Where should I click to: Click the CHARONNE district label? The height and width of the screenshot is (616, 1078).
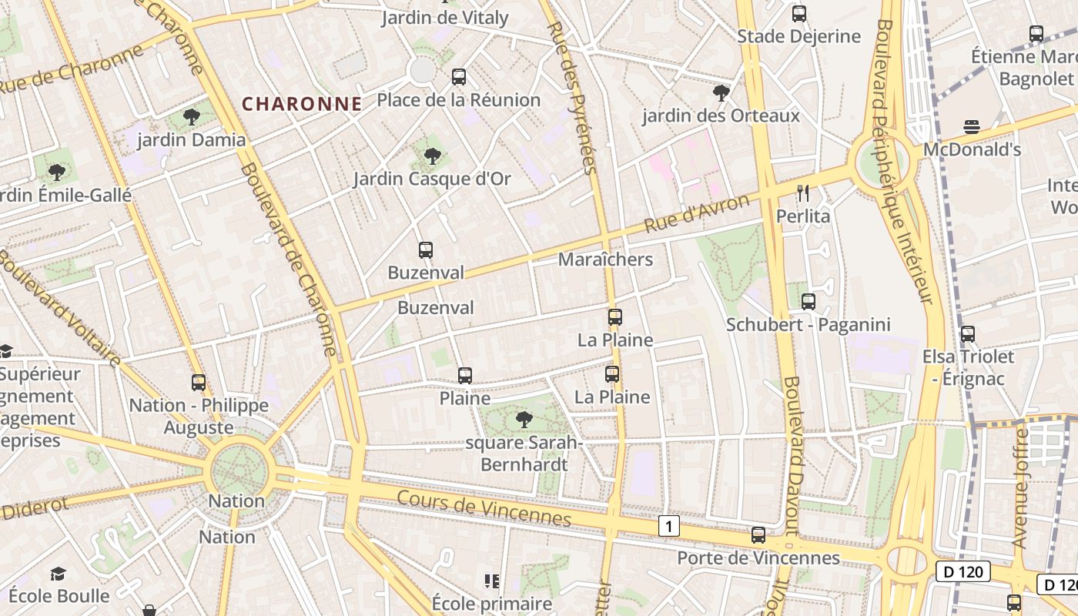tap(302, 104)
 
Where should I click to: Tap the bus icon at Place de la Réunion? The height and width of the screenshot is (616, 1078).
tap(459, 77)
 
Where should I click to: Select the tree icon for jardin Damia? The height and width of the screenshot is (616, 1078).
tap(192, 118)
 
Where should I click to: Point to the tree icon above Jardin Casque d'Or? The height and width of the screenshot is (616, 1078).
tap(433, 156)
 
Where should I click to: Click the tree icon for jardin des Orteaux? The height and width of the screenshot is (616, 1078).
tap(721, 93)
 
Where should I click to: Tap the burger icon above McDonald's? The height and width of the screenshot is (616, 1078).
tap(972, 127)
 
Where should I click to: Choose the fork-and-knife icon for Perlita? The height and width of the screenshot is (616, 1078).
tap(803, 193)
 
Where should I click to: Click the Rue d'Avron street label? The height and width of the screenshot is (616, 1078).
tap(697, 214)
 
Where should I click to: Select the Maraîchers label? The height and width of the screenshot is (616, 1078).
tap(605, 259)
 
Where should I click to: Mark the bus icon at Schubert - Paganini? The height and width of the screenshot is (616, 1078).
tap(808, 302)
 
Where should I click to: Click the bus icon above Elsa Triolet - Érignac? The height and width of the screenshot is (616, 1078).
tap(968, 334)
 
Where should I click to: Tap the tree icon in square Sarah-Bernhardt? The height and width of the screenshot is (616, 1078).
tap(524, 420)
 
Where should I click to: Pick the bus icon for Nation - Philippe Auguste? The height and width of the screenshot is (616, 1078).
tap(199, 383)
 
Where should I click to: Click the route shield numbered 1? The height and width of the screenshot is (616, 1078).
tap(670, 527)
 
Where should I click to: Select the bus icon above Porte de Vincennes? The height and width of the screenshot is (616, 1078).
tap(758, 535)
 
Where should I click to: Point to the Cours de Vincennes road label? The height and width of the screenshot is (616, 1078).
tap(484, 508)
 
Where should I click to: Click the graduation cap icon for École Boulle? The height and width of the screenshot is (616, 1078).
tap(59, 574)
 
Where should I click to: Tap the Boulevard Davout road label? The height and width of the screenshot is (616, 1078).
tap(793, 454)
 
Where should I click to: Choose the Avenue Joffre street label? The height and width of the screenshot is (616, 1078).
tap(1021, 489)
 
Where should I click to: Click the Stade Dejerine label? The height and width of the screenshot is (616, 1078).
tap(798, 36)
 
